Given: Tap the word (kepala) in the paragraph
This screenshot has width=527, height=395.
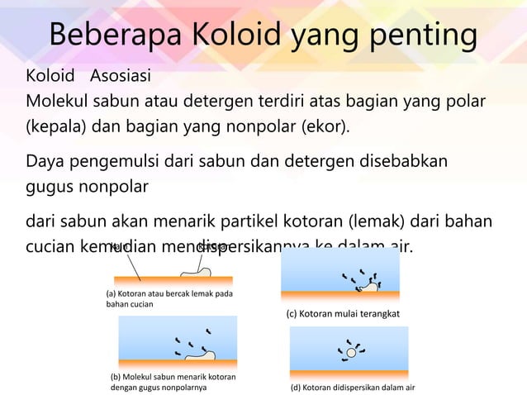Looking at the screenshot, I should (x=55, y=128).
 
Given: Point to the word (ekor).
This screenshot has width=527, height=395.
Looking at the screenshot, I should (x=322, y=128).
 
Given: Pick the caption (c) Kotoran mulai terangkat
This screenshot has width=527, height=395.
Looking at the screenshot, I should (x=342, y=314).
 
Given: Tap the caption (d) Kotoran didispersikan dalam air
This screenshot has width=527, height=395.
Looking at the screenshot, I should (x=351, y=387).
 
